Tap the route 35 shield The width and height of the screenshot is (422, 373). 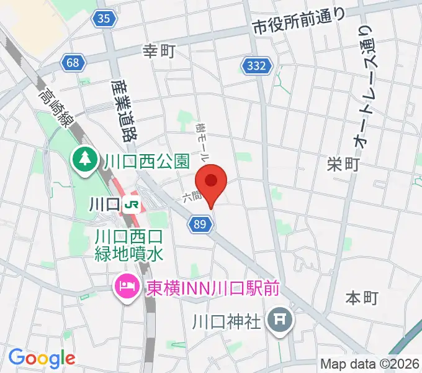click(x=105, y=19)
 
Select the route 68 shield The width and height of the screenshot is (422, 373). click(x=73, y=62)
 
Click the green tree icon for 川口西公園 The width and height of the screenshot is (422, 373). click(x=83, y=160)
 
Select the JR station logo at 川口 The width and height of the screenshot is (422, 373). click(x=131, y=203)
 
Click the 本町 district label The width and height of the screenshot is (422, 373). click(x=361, y=298)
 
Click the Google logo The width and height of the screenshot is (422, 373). click(x=42, y=358)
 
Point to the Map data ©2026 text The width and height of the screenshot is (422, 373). click(x=370, y=364)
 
